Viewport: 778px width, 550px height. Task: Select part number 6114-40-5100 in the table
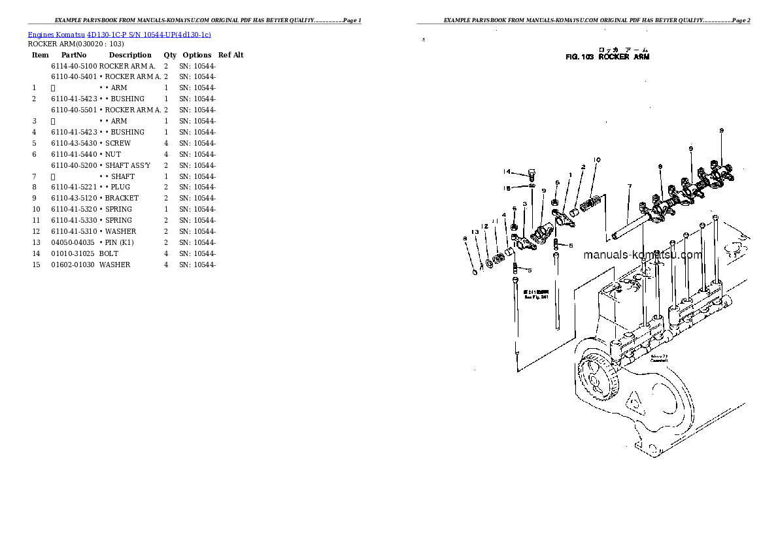pos(74,66)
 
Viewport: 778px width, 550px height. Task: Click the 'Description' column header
pos(130,56)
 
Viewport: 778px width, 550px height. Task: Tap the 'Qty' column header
pos(170,56)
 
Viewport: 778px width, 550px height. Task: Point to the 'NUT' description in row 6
pos(112,154)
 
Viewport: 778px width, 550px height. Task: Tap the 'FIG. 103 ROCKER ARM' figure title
pos(607,57)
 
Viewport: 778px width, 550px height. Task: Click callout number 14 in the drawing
pos(507,172)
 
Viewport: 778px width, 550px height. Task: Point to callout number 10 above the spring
pos(597,160)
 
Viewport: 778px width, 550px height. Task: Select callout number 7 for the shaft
pos(629,187)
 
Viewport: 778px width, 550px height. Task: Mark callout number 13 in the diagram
pos(476,232)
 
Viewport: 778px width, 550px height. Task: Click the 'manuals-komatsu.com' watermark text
pos(643,255)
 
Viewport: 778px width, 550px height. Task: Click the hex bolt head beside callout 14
pos(532,174)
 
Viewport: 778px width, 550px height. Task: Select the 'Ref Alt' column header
pos(231,56)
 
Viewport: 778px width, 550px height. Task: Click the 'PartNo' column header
pos(73,56)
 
